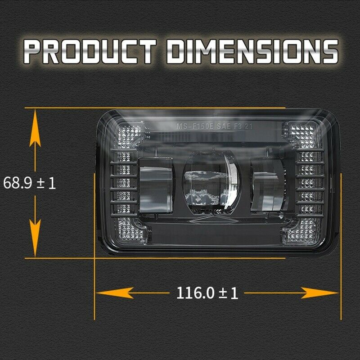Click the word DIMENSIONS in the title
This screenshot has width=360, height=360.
[x=252, y=51]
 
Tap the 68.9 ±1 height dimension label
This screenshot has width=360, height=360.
[x=29, y=183]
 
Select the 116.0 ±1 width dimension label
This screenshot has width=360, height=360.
[x=207, y=293]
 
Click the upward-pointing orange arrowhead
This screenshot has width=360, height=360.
[x=35, y=129]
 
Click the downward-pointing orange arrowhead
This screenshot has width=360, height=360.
[x=35, y=238]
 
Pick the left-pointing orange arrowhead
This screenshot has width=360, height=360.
[x=115, y=293]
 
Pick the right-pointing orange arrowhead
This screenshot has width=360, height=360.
[x=319, y=293]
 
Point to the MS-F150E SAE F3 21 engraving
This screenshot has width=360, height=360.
[x=215, y=126]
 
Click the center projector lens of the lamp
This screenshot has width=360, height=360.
[x=211, y=183]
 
